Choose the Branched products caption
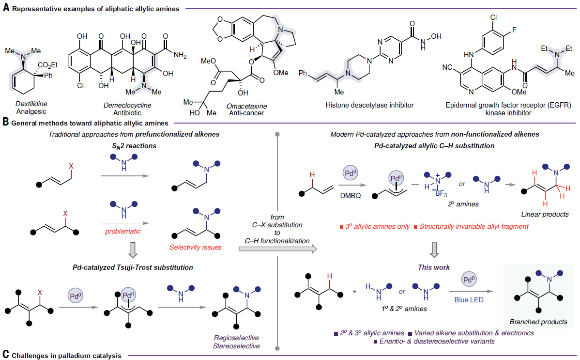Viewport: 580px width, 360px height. [x=538, y=322]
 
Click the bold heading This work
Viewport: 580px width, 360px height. [x=434, y=267]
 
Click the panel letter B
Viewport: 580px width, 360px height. [x=5, y=123]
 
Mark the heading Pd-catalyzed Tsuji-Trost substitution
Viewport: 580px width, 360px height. [x=134, y=267]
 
